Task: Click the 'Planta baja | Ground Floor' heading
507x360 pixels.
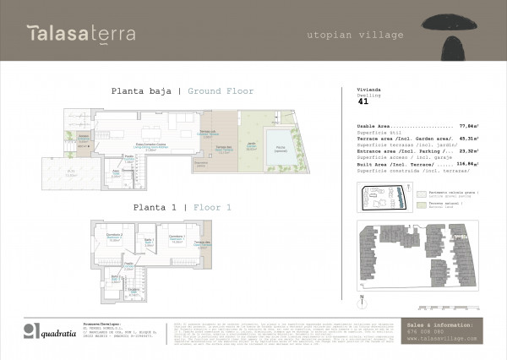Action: [182, 91]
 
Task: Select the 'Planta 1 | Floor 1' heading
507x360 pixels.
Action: [181, 206]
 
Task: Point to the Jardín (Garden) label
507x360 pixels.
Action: [251, 146]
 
